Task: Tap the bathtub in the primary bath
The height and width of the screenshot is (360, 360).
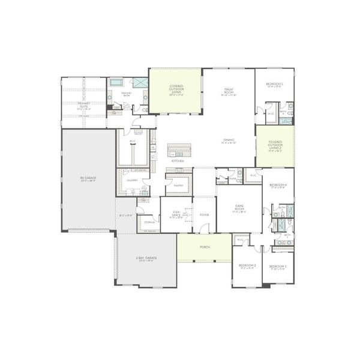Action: coord(116,82)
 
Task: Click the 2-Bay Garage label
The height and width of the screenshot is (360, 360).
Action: coord(146,259)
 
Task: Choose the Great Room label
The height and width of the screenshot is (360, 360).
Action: coord(228,92)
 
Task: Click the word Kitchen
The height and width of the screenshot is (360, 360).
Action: coord(178,161)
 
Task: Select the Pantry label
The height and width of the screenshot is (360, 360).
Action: coord(178,186)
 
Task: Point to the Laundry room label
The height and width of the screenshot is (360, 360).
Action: coord(132,180)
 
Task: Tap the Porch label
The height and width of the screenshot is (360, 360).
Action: coord(204,247)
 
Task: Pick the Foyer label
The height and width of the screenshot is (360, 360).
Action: coord(204,214)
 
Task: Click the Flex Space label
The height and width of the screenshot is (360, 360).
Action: coord(176,214)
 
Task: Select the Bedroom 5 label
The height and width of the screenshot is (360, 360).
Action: coord(275,85)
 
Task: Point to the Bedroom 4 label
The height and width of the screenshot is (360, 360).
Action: coord(277,186)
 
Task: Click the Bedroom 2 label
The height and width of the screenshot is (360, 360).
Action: coord(247,266)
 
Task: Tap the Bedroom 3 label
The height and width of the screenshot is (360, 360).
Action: coord(277,266)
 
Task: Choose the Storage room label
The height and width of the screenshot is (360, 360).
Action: coord(149,222)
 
